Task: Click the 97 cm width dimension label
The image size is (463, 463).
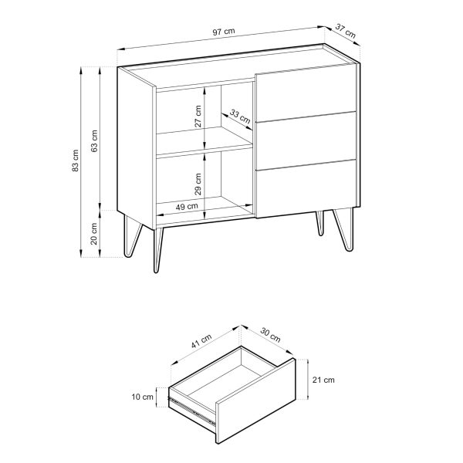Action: click(x=224, y=32)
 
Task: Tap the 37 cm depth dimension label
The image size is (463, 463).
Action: click(x=346, y=31)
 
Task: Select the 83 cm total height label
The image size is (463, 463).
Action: click(x=76, y=161)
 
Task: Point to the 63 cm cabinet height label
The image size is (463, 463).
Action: click(x=94, y=141)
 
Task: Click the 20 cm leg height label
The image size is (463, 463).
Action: click(x=93, y=234)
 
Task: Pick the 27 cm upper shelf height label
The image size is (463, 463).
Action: click(x=198, y=117)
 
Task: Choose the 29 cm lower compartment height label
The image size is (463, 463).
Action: click(x=198, y=184)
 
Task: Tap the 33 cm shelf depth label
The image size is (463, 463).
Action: click(x=240, y=117)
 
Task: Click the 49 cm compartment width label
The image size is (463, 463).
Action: click(x=187, y=206)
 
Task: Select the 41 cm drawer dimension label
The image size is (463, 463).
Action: click(x=201, y=341)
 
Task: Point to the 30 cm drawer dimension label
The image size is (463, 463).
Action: click(x=270, y=335)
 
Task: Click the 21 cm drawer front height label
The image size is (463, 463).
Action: click(x=323, y=380)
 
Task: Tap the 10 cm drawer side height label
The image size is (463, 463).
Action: click(x=142, y=397)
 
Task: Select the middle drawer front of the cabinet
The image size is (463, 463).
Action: click(x=306, y=140)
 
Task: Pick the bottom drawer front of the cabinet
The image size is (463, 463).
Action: click(x=306, y=189)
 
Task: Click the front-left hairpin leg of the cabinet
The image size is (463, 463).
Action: click(x=158, y=249)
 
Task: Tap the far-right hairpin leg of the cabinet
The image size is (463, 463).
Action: click(x=344, y=230)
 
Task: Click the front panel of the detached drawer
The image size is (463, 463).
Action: click(x=255, y=400)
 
